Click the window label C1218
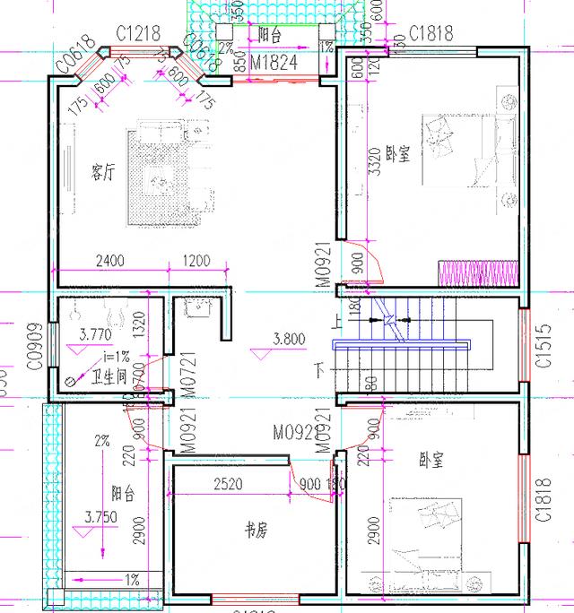[x=139, y=34]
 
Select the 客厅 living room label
[x=103, y=171]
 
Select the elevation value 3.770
[x=95, y=334]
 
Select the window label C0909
[x=35, y=346]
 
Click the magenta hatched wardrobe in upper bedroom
[x=477, y=271]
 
